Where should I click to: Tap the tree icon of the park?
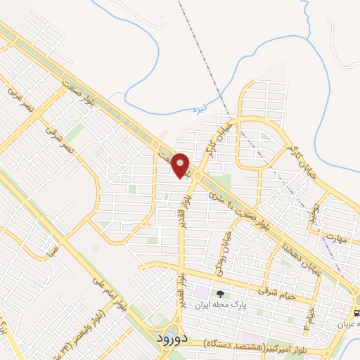pos(220,294)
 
